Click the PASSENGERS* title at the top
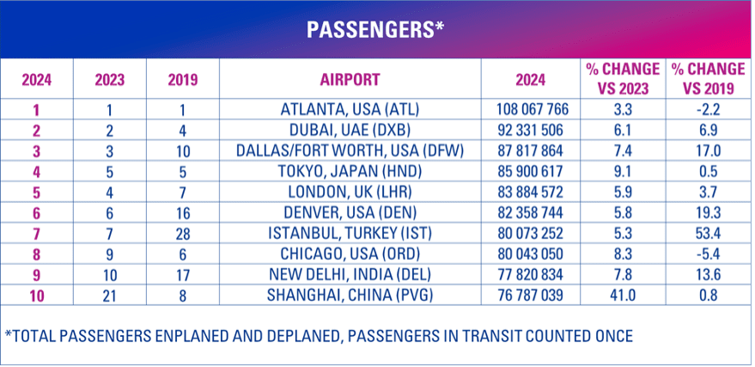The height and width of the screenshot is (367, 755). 376,28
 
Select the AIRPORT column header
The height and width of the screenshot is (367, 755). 350,80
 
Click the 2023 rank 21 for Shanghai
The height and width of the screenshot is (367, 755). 109,295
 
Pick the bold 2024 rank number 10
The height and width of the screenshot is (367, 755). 35,295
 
